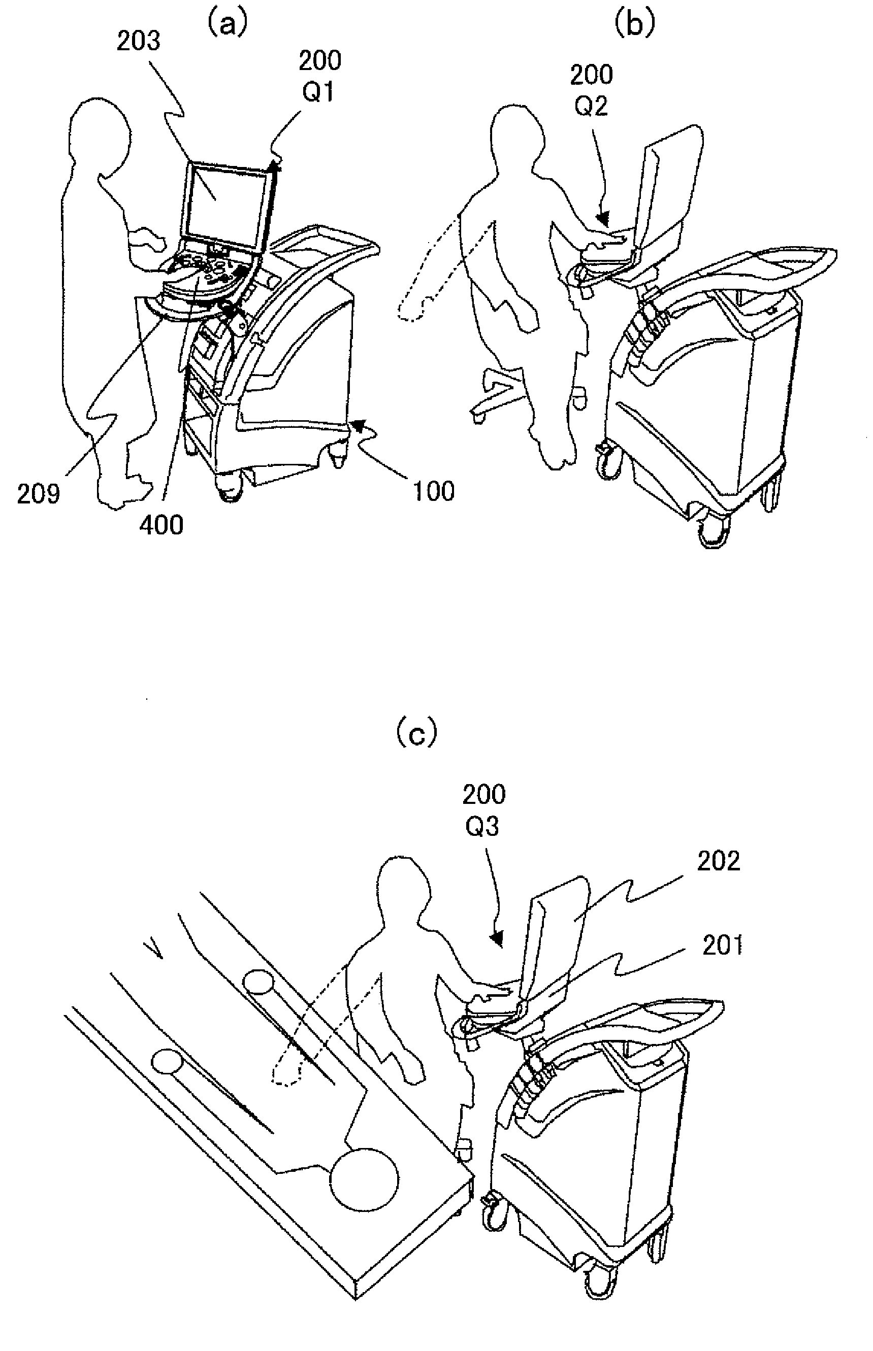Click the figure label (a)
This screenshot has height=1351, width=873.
[227, 24]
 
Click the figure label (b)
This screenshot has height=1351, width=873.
[634, 24]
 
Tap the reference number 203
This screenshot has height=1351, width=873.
[138, 41]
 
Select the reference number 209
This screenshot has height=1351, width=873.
[38, 494]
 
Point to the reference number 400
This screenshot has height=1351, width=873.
[161, 525]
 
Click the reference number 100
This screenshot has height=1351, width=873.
[434, 491]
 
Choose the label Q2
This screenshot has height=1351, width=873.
[591, 106]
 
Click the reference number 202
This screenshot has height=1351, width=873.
[718, 861]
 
